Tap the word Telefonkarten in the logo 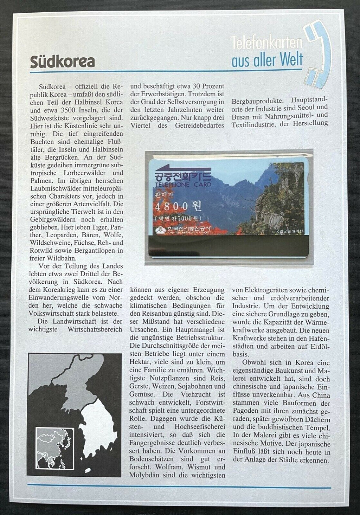[x=266, y=43]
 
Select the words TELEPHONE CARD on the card [x=183, y=185]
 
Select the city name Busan [x=243, y=115]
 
